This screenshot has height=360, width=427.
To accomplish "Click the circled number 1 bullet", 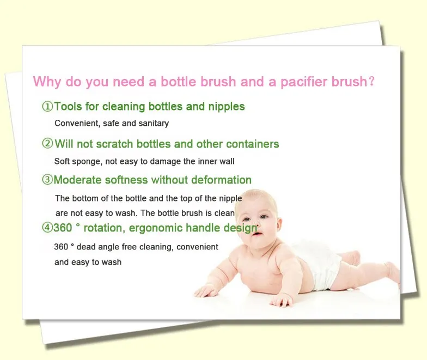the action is tap(47, 106).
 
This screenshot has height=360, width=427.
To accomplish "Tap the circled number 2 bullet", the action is tap(47, 143).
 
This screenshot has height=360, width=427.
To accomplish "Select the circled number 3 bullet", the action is tap(47, 180).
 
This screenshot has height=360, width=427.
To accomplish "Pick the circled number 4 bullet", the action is tap(47, 228).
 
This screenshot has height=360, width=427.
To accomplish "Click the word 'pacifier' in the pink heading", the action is tap(303, 82).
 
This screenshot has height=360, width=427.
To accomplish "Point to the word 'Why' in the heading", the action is tap(47, 82).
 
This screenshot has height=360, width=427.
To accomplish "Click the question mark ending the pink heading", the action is tap(371, 82).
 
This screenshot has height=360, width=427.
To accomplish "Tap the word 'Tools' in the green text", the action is tap(68, 106).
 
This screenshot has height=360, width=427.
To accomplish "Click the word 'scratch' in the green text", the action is tap(114, 144).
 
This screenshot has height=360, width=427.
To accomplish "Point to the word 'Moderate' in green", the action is tap(77, 180).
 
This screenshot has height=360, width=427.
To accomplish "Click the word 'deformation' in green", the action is tap(221, 180).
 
